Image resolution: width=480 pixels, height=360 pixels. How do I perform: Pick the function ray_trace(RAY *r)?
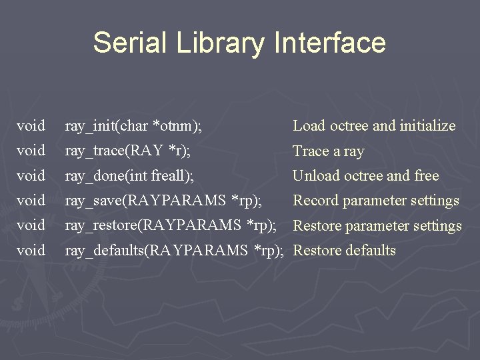pos(127,151)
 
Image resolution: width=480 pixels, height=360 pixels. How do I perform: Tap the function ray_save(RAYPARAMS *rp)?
pos(163,200)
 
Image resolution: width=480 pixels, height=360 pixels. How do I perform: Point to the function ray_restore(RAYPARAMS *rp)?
pos(171,225)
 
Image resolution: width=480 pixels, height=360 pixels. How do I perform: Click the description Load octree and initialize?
pos(374,125)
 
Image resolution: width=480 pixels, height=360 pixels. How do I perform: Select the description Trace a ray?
pos(329,151)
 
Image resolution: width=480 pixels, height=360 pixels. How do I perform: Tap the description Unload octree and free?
pos(366,175)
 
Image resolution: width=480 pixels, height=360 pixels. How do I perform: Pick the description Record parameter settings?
pos(376,200)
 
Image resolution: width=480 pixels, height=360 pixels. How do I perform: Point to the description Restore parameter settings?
pos(377,225)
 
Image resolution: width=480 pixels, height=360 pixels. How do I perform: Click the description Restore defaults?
pos(345,251)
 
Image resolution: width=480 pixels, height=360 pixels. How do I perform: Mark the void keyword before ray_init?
pos(31,125)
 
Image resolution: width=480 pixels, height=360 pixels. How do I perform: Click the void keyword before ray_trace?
pos(31,151)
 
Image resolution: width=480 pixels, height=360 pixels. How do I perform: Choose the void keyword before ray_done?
pos(31,175)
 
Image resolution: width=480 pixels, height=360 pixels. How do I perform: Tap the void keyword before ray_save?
pos(31,200)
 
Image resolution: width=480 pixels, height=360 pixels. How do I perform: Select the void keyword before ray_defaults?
pos(31,251)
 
